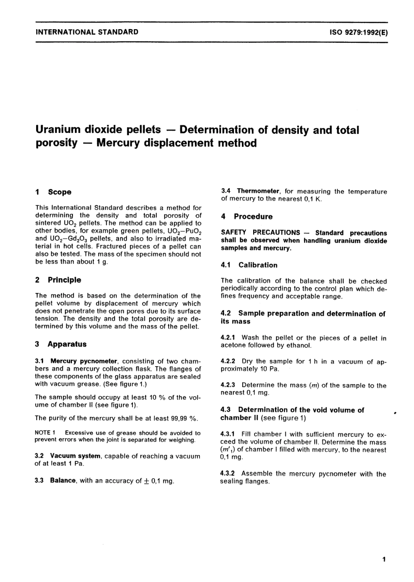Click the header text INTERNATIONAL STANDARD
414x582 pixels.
[x=87, y=32]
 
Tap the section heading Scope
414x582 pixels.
[x=60, y=192]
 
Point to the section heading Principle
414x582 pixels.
[x=64, y=280]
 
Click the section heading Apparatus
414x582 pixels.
[x=67, y=344]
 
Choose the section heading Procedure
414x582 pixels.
[x=253, y=217]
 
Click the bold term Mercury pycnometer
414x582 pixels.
[x=84, y=361]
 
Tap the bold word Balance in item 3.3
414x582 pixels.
[x=63, y=480]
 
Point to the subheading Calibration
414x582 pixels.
[x=258, y=265]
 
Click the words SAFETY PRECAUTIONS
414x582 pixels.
[x=261, y=233]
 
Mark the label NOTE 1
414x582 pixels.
[x=44, y=433]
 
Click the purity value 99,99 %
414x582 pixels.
[x=185, y=418]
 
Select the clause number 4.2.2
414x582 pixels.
[x=228, y=361]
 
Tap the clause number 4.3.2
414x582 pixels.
[x=228, y=473]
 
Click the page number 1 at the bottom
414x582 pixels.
[x=383, y=559]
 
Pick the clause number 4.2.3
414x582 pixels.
[x=228, y=385]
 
